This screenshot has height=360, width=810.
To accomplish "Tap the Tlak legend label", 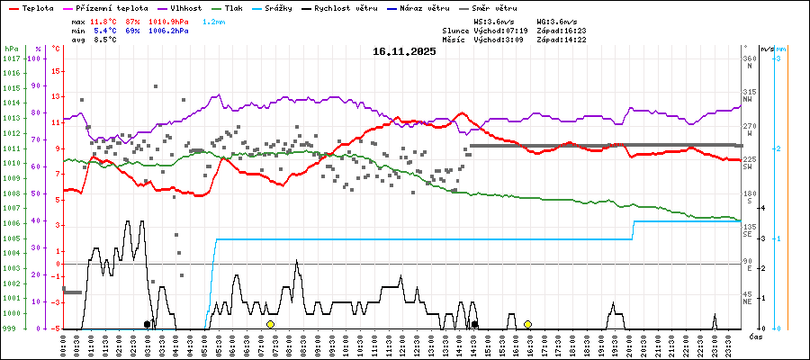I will tap(260, 7).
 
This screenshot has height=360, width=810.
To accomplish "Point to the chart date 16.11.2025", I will tap(404, 51).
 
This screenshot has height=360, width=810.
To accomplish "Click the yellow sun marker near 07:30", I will tap(270, 324).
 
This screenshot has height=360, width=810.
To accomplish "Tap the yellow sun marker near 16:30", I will tap(527, 324).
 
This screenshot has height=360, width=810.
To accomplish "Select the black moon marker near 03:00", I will tap(147, 324).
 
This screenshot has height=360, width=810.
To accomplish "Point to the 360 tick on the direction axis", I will tap(750, 58).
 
